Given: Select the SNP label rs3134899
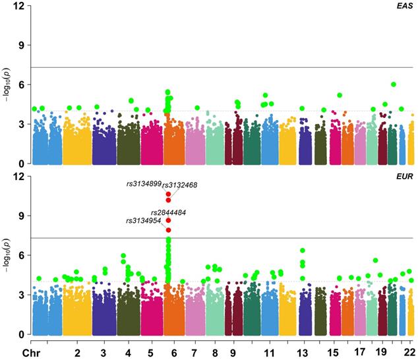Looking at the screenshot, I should point(143,184).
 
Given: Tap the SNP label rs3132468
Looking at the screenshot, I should point(181,185).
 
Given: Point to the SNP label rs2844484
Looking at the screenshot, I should point(168,212).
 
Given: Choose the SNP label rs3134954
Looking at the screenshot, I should point(142,221).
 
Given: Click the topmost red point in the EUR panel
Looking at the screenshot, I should point(169,195).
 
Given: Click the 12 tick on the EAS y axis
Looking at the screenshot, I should point(18,6).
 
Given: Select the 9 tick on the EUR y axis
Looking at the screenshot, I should point(20,216).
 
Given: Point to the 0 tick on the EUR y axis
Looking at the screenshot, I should point(20,334).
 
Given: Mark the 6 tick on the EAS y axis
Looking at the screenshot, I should point(20,84).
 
